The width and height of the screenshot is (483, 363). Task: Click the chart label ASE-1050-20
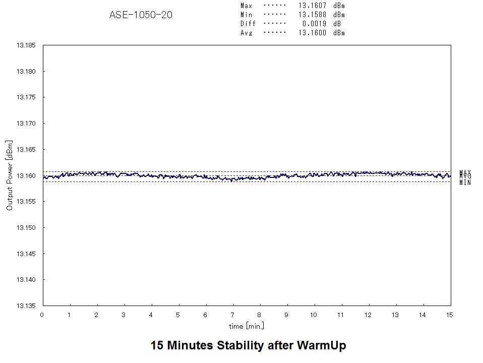[x=141, y=15]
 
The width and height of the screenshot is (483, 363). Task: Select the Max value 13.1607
[x=312, y=6]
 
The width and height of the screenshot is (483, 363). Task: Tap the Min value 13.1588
[x=312, y=15]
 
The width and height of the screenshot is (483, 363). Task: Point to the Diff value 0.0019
[x=314, y=24]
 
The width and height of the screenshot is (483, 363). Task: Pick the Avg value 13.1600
[x=312, y=33]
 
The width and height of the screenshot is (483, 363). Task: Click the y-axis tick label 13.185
[x=26, y=45]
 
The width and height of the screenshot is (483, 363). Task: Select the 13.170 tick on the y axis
[x=26, y=124]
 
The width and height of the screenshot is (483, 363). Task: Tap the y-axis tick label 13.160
[x=26, y=176]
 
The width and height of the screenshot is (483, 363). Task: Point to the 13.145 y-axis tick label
[x=26, y=254]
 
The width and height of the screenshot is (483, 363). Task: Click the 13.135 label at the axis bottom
[x=26, y=306]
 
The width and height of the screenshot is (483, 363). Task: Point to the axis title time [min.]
[x=247, y=326]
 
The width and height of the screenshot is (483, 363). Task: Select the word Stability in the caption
[x=240, y=346]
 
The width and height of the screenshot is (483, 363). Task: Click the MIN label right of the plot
[x=465, y=183]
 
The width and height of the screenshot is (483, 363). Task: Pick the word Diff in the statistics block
[x=248, y=24]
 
